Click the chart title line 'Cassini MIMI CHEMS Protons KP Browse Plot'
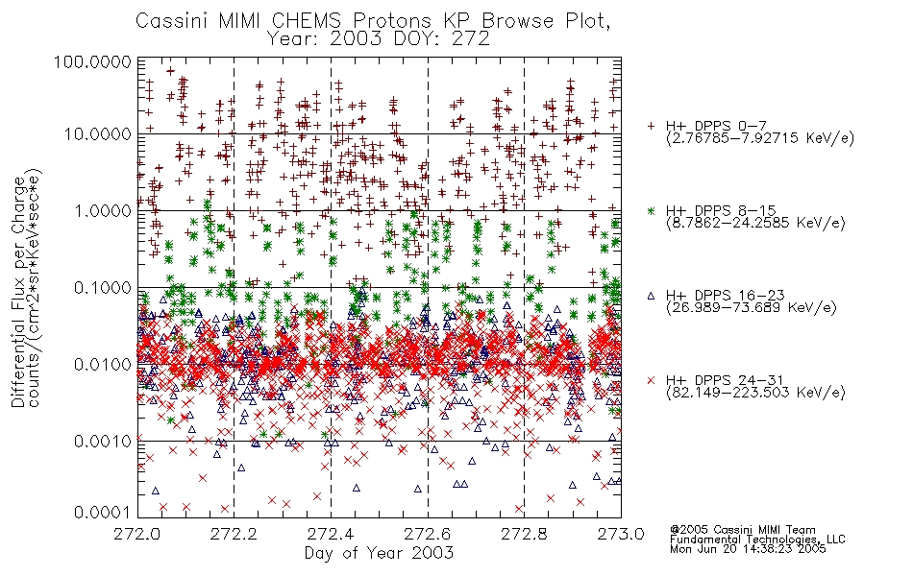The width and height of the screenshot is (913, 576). click(373, 21)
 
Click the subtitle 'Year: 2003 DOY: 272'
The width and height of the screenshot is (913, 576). click(379, 39)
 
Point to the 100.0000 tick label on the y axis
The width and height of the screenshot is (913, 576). click(93, 61)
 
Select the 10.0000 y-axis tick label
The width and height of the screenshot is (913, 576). click(98, 134)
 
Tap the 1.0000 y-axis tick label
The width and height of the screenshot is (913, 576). click(103, 210)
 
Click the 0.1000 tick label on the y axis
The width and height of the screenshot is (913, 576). click(103, 287)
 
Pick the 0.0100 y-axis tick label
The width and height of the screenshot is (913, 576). click(103, 365)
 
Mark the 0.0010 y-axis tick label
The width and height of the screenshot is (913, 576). click(103, 442)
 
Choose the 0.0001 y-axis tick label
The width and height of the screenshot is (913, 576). click(103, 513)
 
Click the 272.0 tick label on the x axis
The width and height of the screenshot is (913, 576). click(137, 534)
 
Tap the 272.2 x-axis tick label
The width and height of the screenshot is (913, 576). click(234, 534)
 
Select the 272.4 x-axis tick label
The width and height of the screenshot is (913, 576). click(331, 534)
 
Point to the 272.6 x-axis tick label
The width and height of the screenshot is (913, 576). click(428, 534)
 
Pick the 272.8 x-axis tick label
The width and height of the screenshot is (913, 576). click(524, 534)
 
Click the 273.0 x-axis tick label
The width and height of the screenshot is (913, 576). click(621, 534)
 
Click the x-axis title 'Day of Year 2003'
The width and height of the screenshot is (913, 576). click(379, 553)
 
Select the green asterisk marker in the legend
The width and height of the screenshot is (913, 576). click(651, 210)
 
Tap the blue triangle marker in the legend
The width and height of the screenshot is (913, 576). click(651, 296)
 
